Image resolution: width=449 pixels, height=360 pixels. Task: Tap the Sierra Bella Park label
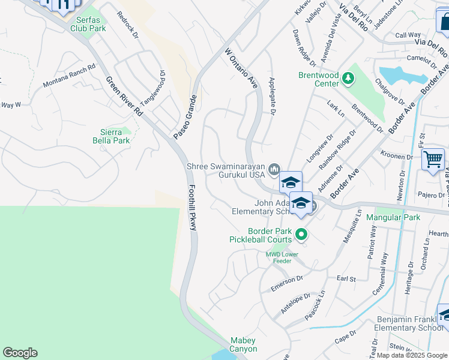114,136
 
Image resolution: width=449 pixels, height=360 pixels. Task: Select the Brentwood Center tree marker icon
348,77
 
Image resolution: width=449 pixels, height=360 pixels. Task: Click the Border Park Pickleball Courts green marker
303,235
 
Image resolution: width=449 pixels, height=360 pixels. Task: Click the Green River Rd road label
124,97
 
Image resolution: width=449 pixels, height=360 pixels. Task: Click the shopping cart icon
432,160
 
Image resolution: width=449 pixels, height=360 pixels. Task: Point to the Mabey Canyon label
244,344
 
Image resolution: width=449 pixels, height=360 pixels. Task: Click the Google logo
20,353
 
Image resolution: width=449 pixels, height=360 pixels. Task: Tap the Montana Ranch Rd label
70,76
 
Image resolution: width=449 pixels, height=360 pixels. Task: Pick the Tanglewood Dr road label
154,88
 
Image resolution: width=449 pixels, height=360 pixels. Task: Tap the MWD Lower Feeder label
279,257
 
